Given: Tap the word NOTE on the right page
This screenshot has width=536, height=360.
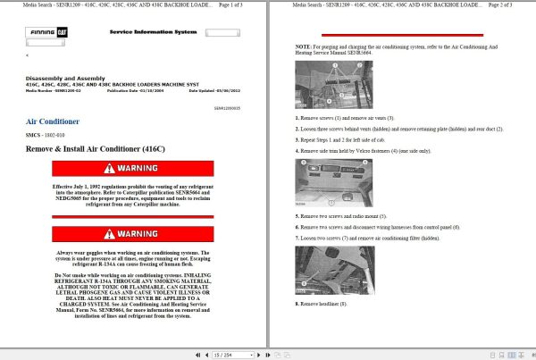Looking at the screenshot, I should pyautogui.click(x=304, y=45).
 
